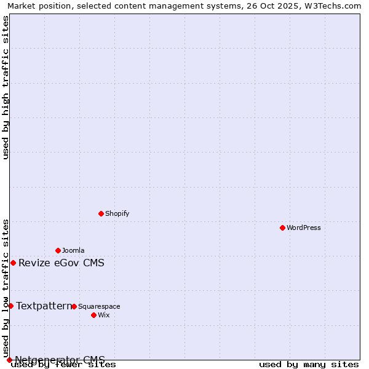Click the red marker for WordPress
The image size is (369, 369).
coord(282,228)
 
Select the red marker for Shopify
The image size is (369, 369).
coord(101,213)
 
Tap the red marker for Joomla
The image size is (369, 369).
coord(58,250)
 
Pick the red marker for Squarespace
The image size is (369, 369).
coord(74,306)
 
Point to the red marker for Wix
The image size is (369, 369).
coord(93,315)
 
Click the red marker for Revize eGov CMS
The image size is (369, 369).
coord(13,263)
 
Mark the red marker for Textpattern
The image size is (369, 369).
coord(10,306)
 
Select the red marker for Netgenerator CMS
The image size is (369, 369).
coord(9,360)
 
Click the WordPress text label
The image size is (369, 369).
coord(304,228)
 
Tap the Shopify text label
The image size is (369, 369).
coord(117,214)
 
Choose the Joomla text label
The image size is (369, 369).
coord(73,251)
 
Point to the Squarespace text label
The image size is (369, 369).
coord(99,307)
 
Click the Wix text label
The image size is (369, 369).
coord(104,315)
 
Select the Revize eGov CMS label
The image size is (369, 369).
coord(61,263)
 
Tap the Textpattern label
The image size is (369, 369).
coord(44,306)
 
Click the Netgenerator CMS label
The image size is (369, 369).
coord(60,360)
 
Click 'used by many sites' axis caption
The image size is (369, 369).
coord(309,365)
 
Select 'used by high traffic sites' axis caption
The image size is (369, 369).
coord(6,87)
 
